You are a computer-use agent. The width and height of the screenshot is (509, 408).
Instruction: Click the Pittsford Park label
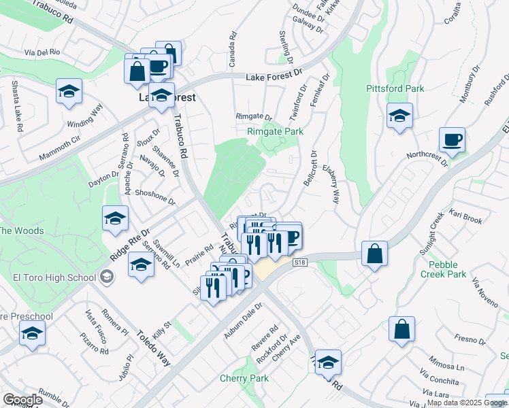click(395, 88)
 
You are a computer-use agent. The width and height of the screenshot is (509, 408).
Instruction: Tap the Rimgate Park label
click(275, 131)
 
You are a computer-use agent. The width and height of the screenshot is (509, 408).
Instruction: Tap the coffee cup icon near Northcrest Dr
click(452, 141)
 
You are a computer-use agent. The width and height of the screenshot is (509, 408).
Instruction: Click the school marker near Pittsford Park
click(399, 116)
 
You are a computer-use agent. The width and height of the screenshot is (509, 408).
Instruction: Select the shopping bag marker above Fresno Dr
click(401, 329)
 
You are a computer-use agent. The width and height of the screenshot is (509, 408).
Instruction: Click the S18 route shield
click(299, 262)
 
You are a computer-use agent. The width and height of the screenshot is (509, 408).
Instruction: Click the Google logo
click(22, 400)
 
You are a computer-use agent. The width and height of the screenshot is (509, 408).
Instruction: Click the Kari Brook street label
click(465, 220)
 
